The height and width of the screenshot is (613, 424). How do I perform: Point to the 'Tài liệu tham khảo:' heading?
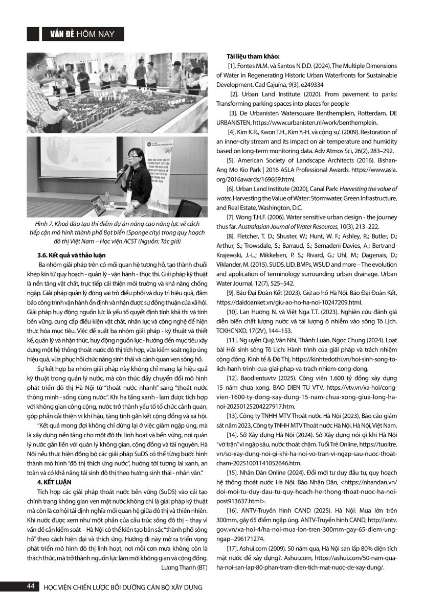[x=254, y=56]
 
